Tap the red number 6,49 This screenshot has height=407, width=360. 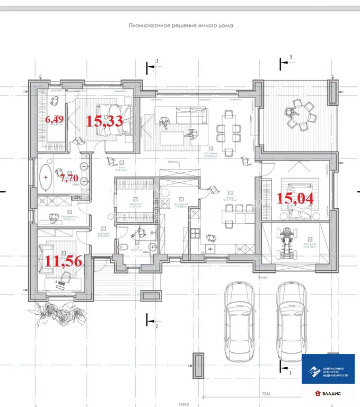coord(54,119)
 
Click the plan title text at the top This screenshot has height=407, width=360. coord(181,25)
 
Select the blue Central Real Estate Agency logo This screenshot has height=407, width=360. coord(328,368)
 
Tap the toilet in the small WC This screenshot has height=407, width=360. coord(121,247)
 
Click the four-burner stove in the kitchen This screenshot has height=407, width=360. coord(210,248)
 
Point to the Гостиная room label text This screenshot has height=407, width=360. coord(212,152)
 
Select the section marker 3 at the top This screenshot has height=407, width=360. coord(290,57)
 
